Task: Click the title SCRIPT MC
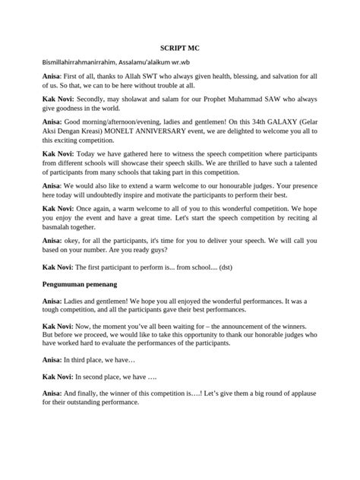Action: tap(180, 46)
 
